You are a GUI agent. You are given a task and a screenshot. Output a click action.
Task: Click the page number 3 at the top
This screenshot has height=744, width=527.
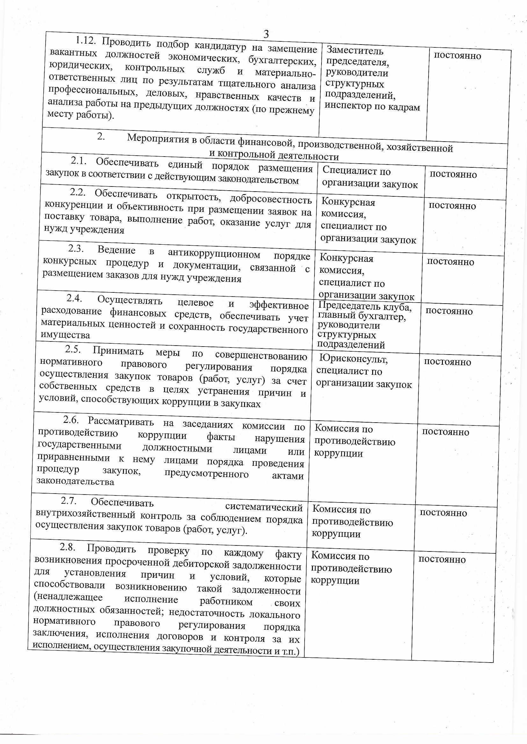(x=266, y=33)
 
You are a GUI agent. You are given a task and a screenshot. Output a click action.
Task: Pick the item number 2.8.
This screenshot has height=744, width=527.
(x=68, y=547)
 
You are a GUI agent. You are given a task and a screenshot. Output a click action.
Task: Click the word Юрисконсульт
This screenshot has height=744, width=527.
(x=353, y=359)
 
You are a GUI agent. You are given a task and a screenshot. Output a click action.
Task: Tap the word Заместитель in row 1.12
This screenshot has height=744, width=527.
(x=355, y=51)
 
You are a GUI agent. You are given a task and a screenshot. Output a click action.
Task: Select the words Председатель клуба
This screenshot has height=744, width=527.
(x=365, y=305)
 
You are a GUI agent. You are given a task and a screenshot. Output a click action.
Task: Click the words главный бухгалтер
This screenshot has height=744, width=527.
(x=362, y=316)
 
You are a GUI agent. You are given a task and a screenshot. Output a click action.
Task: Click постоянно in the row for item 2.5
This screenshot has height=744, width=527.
(x=447, y=361)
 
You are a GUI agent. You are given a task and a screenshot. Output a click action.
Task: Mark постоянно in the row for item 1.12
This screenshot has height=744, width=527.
(x=458, y=56)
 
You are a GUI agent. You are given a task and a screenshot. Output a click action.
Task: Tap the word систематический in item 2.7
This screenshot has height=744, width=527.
(x=264, y=507)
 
